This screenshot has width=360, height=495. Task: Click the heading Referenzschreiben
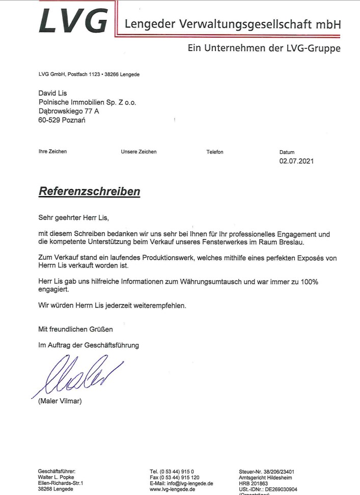(89, 192)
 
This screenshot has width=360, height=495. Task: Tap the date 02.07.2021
(297, 162)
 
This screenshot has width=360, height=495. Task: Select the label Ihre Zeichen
(52, 152)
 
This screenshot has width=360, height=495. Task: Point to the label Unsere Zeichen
(139, 152)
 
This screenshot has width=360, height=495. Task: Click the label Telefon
(214, 152)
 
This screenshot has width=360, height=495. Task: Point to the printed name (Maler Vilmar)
(60, 401)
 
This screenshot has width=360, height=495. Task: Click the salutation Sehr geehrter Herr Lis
(73, 217)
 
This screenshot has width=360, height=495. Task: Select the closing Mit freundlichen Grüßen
(76, 329)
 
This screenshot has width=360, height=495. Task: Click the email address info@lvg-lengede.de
(189, 483)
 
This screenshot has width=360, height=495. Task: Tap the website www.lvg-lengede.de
(173, 489)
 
